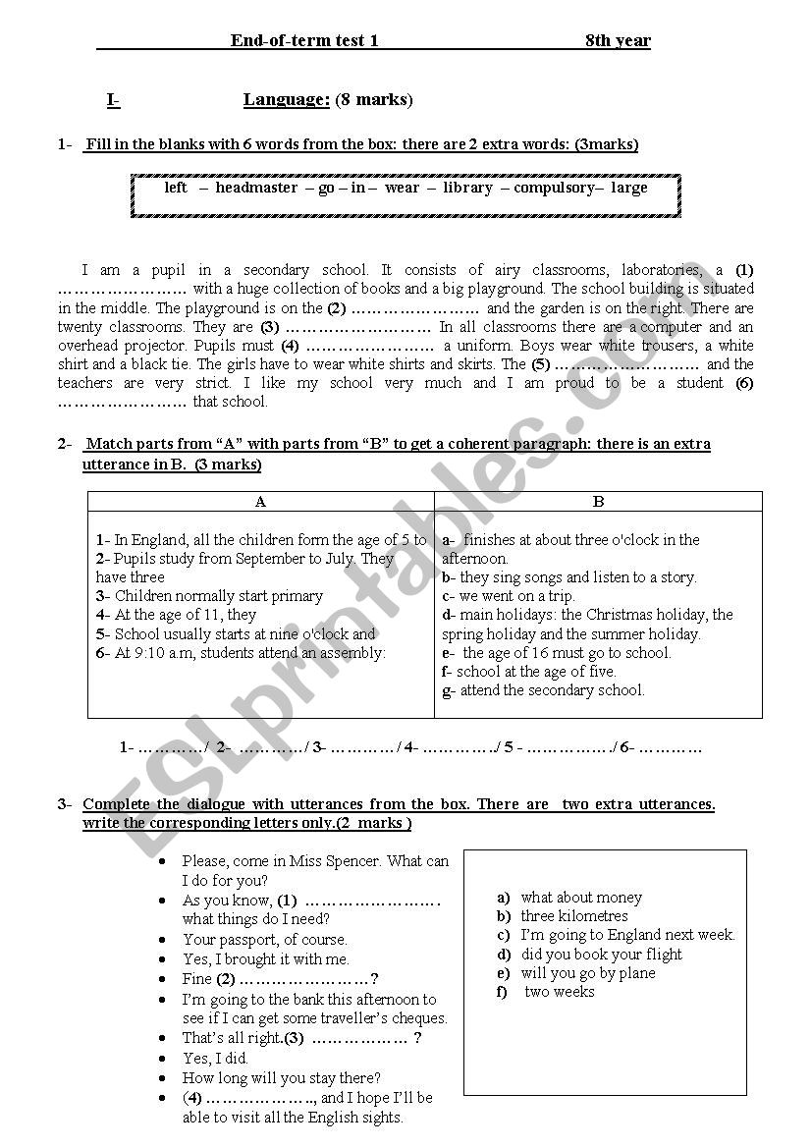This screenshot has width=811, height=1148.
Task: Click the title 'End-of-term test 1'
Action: click(x=304, y=40)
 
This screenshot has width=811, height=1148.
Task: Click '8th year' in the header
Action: click(x=618, y=40)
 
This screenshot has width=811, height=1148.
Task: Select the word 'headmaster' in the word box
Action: click(x=256, y=188)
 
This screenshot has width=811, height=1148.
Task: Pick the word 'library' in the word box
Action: click(x=467, y=188)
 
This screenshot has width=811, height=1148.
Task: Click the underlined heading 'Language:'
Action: click(x=287, y=99)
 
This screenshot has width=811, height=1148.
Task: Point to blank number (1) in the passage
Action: click(x=122, y=290)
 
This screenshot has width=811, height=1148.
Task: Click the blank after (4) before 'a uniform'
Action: click(x=370, y=346)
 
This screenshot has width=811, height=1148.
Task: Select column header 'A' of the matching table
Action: click(x=260, y=501)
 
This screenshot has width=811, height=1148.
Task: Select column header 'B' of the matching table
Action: click(x=598, y=501)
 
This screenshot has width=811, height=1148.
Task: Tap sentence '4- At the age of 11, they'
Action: click(x=176, y=615)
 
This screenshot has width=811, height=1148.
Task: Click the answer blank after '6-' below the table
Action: click(x=671, y=747)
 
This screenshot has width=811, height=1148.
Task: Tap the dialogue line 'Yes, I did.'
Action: click(x=215, y=1058)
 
